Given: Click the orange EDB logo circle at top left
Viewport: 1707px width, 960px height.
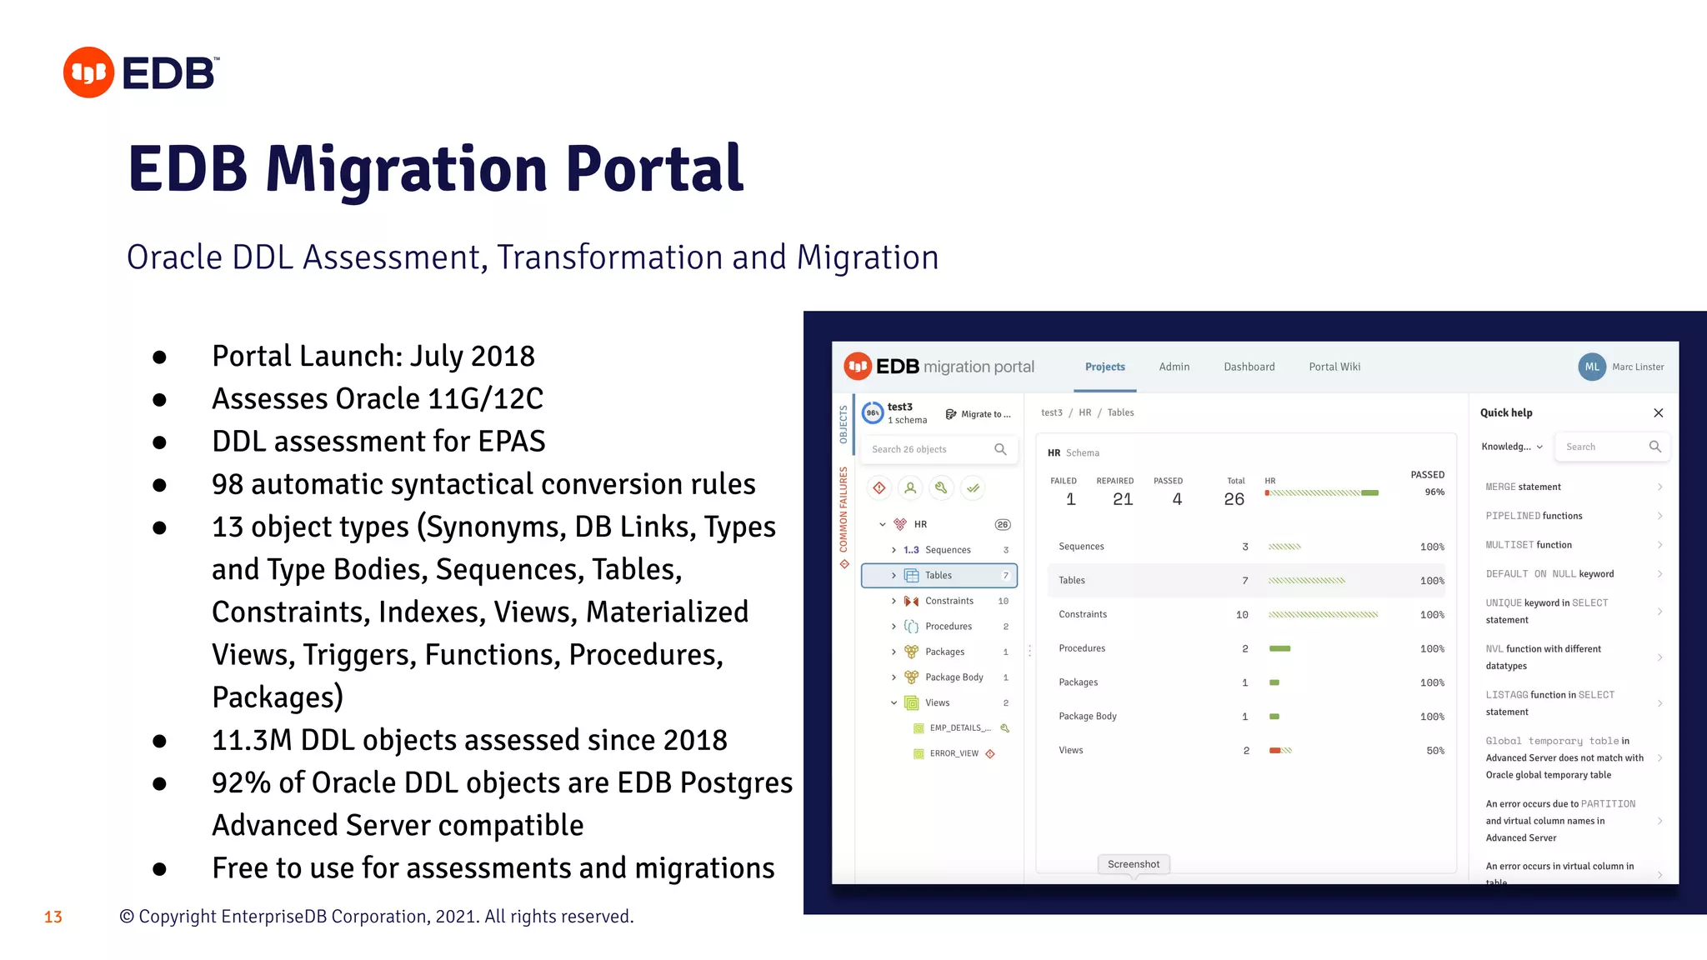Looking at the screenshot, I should [88, 72].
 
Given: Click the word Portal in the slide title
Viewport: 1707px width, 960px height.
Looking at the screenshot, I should [653, 169].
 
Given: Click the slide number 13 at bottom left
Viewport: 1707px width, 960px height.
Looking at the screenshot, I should [53, 917].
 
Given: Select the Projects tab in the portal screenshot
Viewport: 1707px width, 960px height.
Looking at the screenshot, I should [1104, 367].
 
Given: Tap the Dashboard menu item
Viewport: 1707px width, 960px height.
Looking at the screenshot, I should [1249, 367].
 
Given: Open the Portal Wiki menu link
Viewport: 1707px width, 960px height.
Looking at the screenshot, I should [1334, 367].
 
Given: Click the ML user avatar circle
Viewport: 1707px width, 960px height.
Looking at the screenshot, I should [1591, 367].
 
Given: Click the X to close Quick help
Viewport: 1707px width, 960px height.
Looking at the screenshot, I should [1658, 413].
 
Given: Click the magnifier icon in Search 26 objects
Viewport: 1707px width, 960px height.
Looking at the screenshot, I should [1000, 449].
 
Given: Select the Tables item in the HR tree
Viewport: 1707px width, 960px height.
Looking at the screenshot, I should [939, 575].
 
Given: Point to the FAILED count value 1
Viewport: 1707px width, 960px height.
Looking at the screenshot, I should [1070, 499].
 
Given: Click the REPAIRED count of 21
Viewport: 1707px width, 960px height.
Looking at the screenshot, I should [1122, 499].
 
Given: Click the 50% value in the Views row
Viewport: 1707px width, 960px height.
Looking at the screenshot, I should [1434, 751].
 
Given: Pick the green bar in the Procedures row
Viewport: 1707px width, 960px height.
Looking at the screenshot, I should [1279, 648].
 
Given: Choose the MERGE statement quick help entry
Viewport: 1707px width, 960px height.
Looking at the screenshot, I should [1523, 487].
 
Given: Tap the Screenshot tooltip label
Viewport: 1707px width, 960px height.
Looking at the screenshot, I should [1133, 864].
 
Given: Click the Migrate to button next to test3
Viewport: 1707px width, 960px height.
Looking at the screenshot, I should [979, 414].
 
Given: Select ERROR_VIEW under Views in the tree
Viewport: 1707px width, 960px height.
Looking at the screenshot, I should [954, 753].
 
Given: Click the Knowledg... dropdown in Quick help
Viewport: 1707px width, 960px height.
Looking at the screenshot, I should [1511, 447].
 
